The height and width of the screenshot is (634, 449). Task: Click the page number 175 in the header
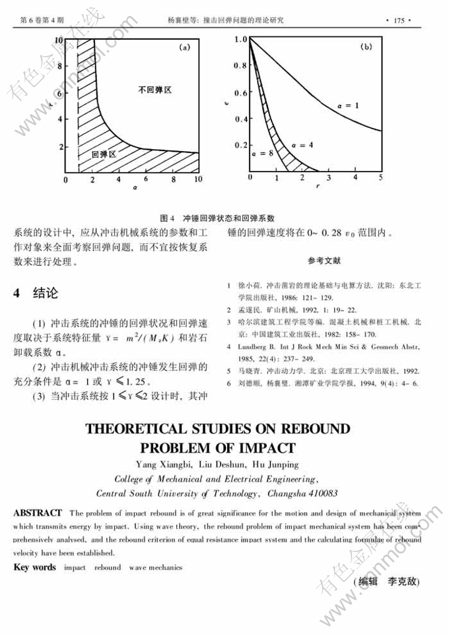pos(398,20)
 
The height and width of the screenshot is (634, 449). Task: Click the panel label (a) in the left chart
pos(186,48)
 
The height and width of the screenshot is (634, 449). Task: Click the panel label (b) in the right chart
pos(366,48)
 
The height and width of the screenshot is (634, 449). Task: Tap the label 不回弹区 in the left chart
pos(154,89)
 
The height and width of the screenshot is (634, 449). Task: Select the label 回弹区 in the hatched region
pos(104,154)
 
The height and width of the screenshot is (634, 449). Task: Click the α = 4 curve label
pos(302,144)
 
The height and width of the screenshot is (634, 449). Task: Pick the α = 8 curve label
pos(262,153)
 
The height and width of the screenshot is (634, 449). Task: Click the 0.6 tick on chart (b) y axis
pos(240,93)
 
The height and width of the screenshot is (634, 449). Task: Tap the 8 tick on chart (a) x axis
pos(173,179)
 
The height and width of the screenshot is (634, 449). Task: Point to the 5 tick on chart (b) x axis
pos(381,178)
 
